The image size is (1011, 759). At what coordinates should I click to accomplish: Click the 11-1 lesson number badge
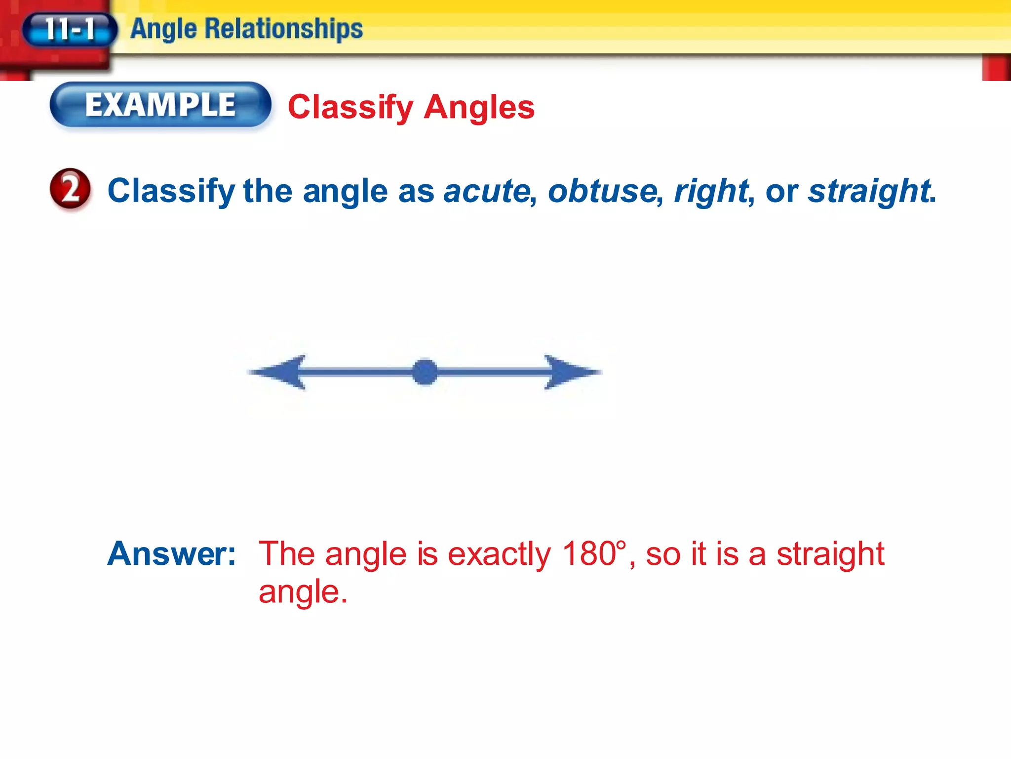70,29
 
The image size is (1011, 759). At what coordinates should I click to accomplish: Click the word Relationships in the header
283,29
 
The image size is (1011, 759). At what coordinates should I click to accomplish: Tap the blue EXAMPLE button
160,105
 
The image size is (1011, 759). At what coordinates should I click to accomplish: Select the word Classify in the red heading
350,107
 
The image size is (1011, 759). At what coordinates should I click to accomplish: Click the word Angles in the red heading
479,107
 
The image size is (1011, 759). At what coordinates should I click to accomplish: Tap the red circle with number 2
70,189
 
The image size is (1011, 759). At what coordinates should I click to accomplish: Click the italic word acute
487,191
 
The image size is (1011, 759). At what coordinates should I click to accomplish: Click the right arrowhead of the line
570,372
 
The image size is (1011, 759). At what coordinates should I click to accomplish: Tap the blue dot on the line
425,372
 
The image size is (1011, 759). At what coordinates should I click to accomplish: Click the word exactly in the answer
499,554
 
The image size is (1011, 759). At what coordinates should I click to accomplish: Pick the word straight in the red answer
830,554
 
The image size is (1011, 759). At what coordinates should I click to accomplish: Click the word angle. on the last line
303,592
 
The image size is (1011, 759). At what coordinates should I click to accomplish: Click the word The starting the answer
287,553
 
